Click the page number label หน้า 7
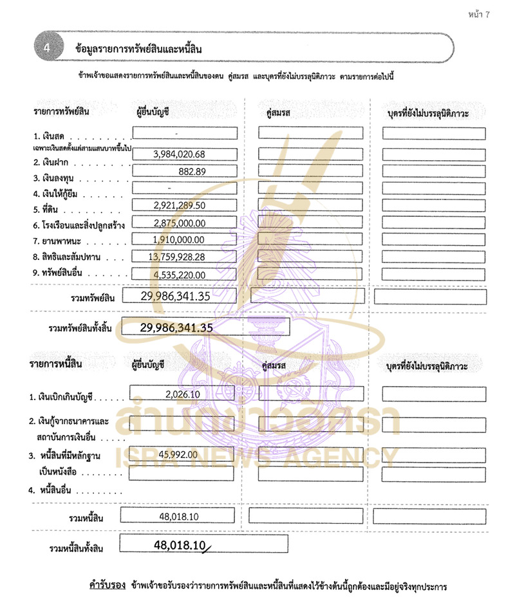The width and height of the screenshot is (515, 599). [479, 15]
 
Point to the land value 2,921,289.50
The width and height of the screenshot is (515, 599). [179, 205]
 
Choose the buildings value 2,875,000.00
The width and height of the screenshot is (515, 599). [179, 223]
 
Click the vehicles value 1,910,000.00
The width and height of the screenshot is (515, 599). [179, 239]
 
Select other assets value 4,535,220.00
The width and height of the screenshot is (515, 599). [179, 275]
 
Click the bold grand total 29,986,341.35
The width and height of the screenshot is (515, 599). [176, 327]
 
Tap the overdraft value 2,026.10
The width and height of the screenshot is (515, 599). [183, 393]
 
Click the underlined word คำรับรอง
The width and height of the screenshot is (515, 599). [106, 587]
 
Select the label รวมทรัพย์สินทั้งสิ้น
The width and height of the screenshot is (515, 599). [80, 329]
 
